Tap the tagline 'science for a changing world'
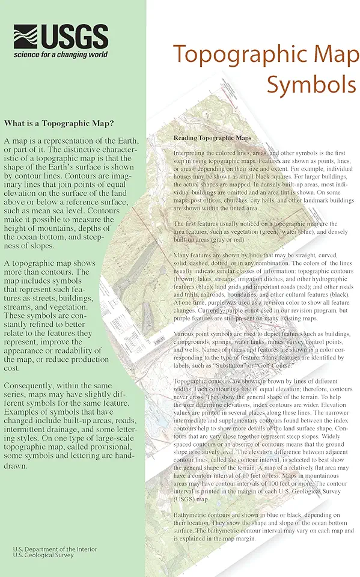click(x=61, y=54)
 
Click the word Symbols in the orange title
click(x=311, y=84)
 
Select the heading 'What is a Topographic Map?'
click(x=59, y=124)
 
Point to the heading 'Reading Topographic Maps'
click(x=212, y=138)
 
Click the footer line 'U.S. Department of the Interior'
click(x=55, y=549)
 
